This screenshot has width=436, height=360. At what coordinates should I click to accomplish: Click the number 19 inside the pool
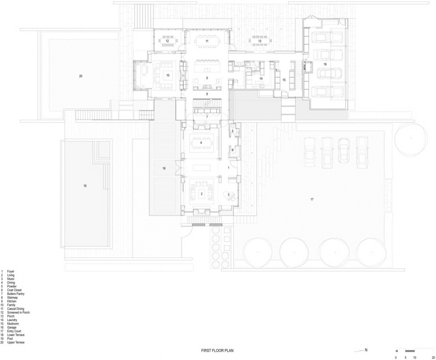85,186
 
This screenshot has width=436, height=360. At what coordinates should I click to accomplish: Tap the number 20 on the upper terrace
81,76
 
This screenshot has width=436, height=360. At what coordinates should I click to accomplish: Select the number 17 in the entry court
312,199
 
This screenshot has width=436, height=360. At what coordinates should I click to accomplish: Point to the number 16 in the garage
325,64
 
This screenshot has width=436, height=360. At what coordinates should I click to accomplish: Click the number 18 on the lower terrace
164,168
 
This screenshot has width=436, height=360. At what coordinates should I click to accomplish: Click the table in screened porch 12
167,41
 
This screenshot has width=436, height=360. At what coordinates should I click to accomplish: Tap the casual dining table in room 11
207,41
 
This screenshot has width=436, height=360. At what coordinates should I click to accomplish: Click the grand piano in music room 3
230,196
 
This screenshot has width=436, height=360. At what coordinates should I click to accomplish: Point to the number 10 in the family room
168,75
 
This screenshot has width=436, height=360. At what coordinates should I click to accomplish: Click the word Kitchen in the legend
12,301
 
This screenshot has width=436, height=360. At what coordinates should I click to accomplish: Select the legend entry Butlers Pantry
16,294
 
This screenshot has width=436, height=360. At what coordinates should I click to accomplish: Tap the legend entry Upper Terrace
16,343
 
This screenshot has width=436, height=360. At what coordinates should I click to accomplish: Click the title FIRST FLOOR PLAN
218,351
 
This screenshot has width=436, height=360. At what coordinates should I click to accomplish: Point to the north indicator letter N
366,350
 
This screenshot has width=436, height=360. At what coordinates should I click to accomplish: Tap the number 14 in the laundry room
261,79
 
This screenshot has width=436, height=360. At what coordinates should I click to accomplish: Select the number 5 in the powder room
233,131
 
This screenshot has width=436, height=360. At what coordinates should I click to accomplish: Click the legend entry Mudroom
13,324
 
